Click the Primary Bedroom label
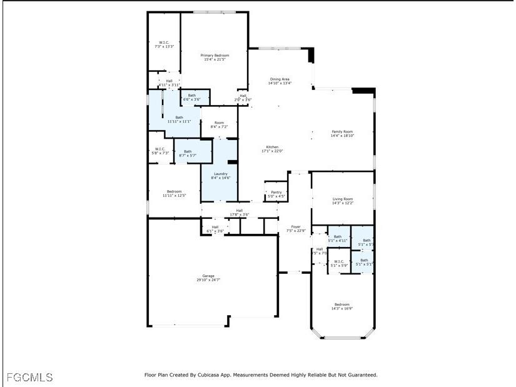click(x=215, y=58)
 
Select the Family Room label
click(x=342, y=133)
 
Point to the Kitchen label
click(x=272, y=149)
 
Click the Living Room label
click(x=342, y=201)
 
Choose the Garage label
click(x=208, y=278)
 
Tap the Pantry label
click(x=276, y=194)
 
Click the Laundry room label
click(x=221, y=176)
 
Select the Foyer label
click(x=296, y=229)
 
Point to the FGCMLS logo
click(x=30, y=378)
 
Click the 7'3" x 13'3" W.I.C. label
click(x=164, y=44)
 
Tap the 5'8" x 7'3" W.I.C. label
click(x=160, y=151)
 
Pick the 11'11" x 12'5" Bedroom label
click(x=174, y=193)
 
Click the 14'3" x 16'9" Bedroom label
click(x=341, y=306)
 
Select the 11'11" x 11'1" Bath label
click(x=179, y=119)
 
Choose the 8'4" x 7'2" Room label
click(x=219, y=124)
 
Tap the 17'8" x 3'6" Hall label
click(x=239, y=213)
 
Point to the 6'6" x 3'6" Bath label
click(x=191, y=98)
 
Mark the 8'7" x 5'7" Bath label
click(x=188, y=153)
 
